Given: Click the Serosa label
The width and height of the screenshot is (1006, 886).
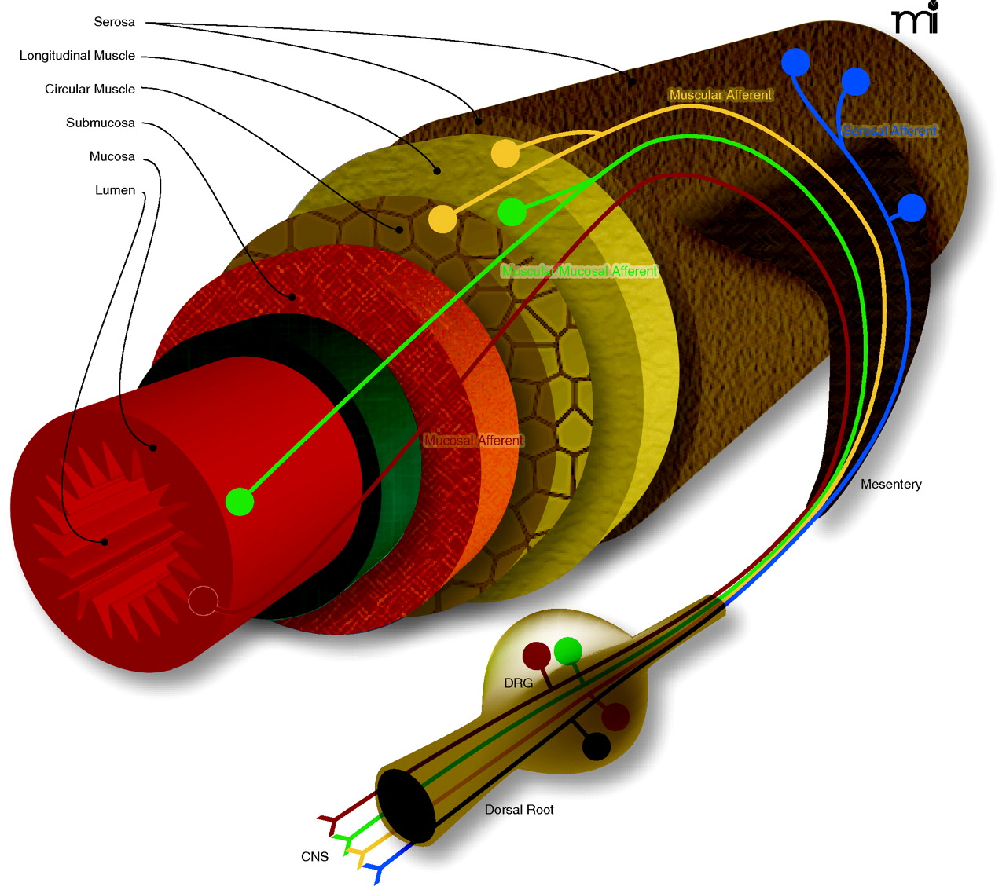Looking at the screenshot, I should [114, 22].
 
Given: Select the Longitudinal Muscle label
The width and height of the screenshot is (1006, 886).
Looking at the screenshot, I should [77, 56].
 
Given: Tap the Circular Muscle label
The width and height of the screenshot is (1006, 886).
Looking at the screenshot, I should [90, 90].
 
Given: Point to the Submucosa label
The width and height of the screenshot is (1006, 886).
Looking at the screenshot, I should [100, 123].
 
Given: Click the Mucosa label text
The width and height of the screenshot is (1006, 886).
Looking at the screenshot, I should [112, 157].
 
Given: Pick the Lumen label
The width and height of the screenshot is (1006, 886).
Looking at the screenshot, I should [115, 191].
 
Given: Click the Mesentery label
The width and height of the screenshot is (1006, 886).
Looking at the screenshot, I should [890, 485].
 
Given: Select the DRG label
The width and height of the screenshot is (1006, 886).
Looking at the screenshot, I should [518, 683].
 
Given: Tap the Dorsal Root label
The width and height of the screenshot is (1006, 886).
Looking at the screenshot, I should [519, 810].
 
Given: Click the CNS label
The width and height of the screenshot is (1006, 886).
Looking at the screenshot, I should [314, 857].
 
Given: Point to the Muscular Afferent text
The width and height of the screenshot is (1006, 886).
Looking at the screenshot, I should [720, 95].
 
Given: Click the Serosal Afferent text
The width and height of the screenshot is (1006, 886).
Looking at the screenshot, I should [890, 131].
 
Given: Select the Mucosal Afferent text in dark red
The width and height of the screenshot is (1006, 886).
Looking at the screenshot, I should [473, 441].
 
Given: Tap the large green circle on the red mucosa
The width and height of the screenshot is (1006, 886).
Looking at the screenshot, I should [240, 501].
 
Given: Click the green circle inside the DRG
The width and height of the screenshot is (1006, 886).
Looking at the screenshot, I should [567, 650].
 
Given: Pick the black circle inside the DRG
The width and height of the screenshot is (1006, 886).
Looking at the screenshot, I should [596, 745].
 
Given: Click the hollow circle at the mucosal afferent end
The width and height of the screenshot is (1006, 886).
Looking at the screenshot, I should [203, 602].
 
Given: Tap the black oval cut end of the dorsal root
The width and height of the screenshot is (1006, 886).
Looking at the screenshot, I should [406, 806].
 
